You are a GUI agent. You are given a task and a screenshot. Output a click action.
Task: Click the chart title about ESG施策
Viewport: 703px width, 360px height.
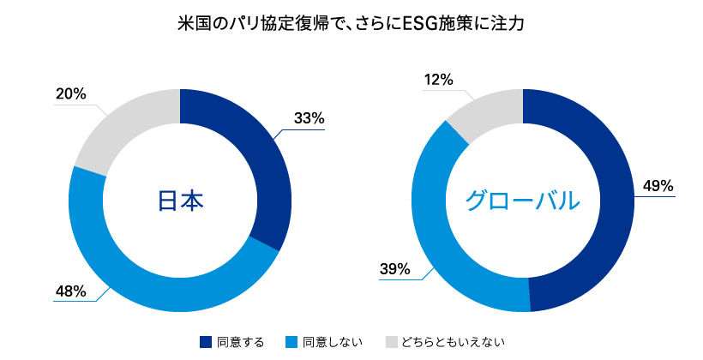pyautogui.click(x=351, y=24)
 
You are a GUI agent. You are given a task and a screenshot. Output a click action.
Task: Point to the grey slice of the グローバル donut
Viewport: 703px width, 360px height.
pyautogui.click(x=489, y=110)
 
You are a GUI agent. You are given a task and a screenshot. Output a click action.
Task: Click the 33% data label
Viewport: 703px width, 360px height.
pyautogui.click(x=309, y=118)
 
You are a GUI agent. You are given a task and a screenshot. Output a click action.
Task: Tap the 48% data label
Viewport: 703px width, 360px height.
pyautogui.click(x=71, y=291)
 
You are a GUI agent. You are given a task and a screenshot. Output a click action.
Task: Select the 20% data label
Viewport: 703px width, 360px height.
pyautogui.click(x=71, y=94)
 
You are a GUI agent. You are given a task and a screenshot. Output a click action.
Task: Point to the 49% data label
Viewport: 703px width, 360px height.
pyautogui.click(x=658, y=186)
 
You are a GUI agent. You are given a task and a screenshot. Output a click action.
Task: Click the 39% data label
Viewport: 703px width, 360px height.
pyautogui.click(x=395, y=269)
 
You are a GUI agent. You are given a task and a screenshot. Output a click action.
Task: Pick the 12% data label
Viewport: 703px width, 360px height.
pyautogui.click(x=438, y=80)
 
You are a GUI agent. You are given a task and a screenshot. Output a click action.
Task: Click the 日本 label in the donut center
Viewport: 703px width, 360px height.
pyautogui.click(x=180, y=201)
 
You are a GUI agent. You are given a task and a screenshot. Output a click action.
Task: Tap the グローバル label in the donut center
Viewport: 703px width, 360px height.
pyautogui.click(x=523, y=201)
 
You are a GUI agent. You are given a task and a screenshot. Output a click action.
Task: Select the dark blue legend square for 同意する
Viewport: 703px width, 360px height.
pyautogui.click(x=206, y=342)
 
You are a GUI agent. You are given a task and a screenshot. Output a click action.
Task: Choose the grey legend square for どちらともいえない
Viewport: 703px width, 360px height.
pyautogui.click(x=392, y=342)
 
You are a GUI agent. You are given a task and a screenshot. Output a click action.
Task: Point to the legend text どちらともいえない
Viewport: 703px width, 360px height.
pyautogui.click(x=454, y=343)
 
